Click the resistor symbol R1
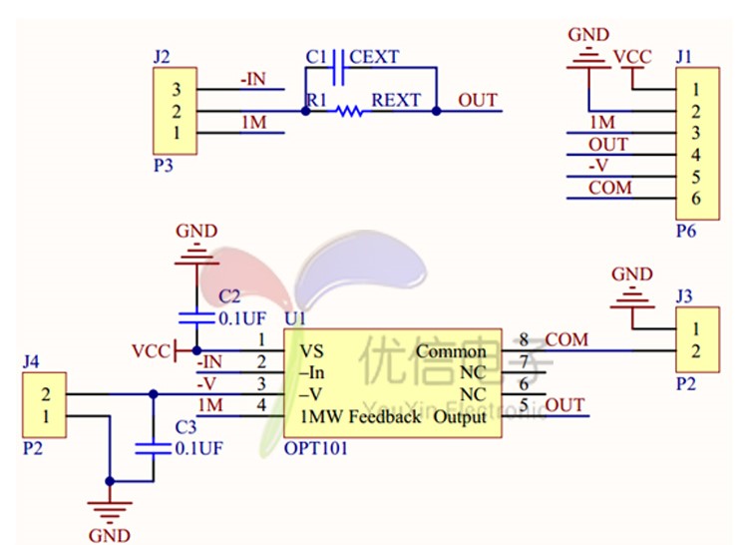[x=348, y=112]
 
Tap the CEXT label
[x=374, y=58]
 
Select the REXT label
[x=396, y=101]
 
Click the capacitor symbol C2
[x=195, y=318]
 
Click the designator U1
[x=295, y=318]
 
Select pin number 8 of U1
[x=524, y=340]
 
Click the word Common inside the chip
[x=450, y=351]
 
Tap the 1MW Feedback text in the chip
[x=361, y=416]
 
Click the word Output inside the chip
[x=460, y=416]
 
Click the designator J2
[x=162, y=58]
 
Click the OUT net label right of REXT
[x=477, y=101]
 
